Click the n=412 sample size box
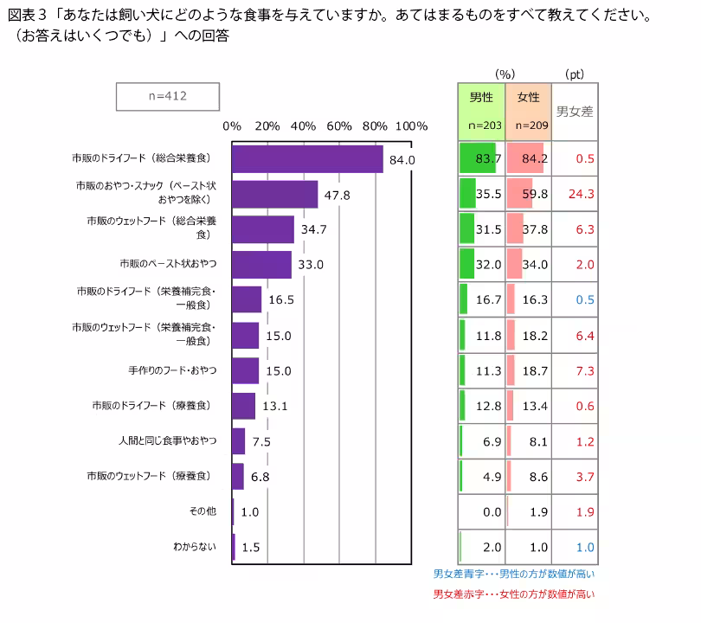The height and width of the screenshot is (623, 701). pos(168,96)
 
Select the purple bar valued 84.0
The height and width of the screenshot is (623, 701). pos(307,159)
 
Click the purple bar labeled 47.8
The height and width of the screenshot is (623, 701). pos(275,195)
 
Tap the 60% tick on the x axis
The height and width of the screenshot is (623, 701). pos(339,125)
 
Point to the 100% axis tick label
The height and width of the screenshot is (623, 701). pos(411,125)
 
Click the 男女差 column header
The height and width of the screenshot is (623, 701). pos(574,111)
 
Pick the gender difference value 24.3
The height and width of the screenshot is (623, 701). pos(580,194)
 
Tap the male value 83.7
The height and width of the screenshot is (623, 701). pos(489,158)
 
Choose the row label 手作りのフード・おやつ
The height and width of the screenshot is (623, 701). pos(172,370)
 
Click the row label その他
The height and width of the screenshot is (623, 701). pos(203,511)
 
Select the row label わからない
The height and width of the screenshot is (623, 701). pos(195,546)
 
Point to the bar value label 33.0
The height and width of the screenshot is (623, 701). pos(310,265)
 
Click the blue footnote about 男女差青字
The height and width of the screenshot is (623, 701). pos(514,574)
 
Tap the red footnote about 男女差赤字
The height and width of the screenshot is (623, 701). pos(514,594)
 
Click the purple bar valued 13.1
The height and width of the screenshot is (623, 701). pos(244,406)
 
